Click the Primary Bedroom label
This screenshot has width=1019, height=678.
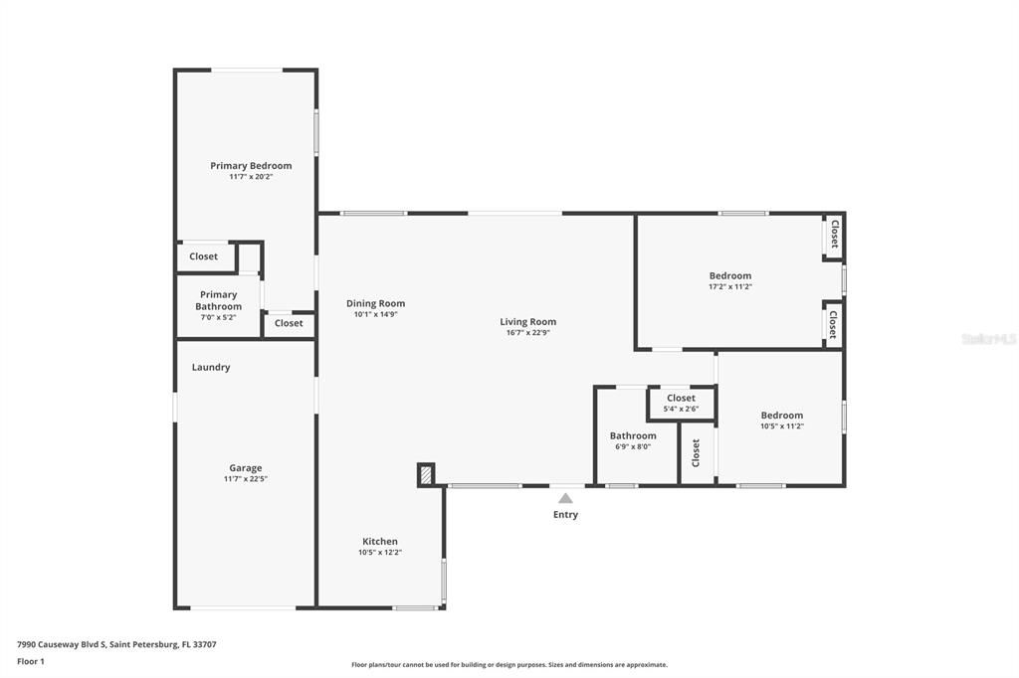pos(251,166)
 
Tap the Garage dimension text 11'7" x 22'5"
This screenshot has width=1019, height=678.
pos(246,479)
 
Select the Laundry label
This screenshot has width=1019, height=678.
pos(211,367)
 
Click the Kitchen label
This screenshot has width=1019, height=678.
pos(380,542)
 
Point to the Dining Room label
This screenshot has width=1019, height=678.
pos(375,303)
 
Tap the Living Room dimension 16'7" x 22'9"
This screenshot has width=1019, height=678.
pos(527,333)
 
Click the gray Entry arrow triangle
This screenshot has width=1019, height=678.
pos(565,498)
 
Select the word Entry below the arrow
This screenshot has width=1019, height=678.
pos(565,515)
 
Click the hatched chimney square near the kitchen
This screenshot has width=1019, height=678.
pos(426,475)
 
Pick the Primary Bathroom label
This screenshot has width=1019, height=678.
pos(218,300)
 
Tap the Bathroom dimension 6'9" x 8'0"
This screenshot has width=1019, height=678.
pos(633,447)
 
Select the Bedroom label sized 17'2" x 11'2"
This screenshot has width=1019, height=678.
pos(730,275)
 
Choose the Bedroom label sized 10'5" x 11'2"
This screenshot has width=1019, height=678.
pos(782,416)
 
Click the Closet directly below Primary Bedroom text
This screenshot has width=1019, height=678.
pos(203,256)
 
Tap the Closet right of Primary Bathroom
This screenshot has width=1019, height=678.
pos(289,323)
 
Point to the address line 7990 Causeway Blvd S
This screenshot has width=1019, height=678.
pos(116,644)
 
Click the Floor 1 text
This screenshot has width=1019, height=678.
pos(31,661)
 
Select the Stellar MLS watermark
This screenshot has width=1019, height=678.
pos(988,339)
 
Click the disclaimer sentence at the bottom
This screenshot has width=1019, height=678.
pos(509,665)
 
